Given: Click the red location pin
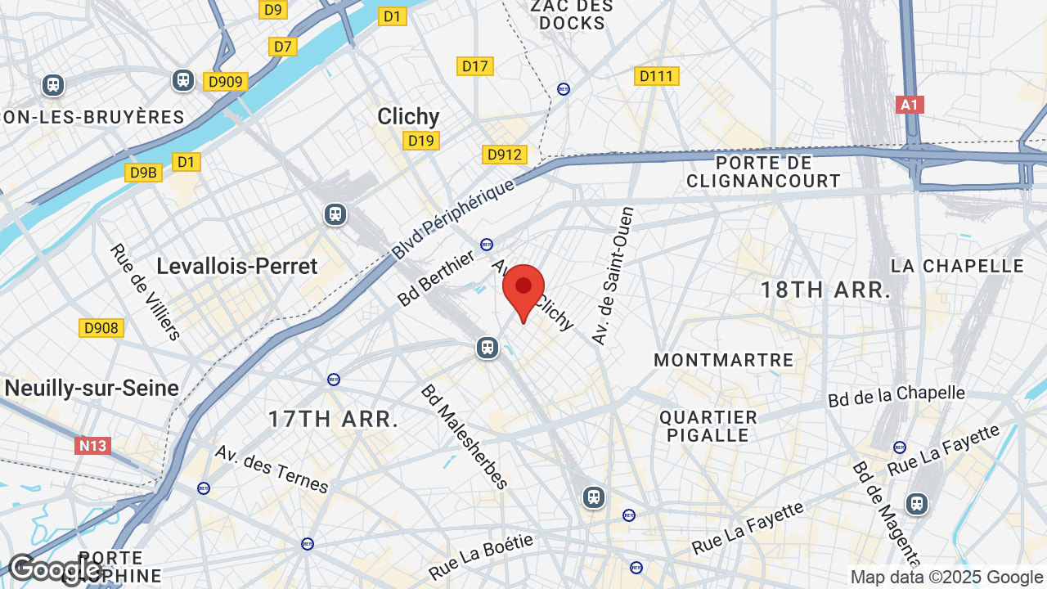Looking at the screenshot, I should (523, 290).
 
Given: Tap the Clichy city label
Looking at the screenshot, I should (408, 116).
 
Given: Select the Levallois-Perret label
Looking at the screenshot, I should (236, 266).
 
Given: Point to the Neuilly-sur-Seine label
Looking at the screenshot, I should (92, 388).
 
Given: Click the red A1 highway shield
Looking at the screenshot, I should (910, 105).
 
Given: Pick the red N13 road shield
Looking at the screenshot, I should (92, 446).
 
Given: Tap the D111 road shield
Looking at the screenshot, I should (656, 76).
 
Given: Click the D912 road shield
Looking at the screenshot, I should (505, 155).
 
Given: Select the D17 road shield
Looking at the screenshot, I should (475, 66).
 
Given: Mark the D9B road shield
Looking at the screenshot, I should (143, 172).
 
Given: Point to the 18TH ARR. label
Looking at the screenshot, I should (825, 290).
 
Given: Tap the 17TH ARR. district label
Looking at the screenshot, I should (334, 420).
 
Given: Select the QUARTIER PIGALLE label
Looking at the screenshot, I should (708, 426).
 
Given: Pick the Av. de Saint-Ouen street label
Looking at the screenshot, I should (613, 275).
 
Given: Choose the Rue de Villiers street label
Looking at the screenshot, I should (146, 291).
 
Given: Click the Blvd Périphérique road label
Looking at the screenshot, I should (454, 218).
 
